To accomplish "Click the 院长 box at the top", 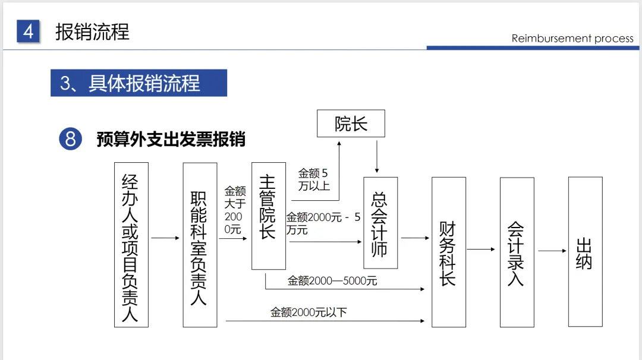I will click(x=351, y=124).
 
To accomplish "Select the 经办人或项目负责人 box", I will click(x=131, y=244).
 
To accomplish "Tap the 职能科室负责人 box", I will click(x=200, y=245).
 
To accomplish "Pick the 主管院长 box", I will click(x=269, y=216).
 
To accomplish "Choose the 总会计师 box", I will click(x=380, y=223).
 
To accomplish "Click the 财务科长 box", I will click(x=449, y=252).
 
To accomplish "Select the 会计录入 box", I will click(x=517, y=252).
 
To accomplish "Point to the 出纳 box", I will click(x=585, y=252).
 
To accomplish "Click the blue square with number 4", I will click(x=28, y=31).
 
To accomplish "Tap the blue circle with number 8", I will click(x=70, y=139).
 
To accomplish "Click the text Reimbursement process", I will click(x=572, y=39).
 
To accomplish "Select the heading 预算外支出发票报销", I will click(x=171, y=140).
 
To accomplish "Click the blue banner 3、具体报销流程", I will click(x=139, y=83).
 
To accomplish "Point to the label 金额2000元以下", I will click(x=309, y=312).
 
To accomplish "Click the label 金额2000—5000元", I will click(x=332, y=281).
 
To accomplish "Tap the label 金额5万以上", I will click(x=313, y=179).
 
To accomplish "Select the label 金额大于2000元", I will click(x=234, y=210).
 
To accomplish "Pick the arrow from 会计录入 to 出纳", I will click(x=552, y=251).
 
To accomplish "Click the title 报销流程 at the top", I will click(x=92, y=31).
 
